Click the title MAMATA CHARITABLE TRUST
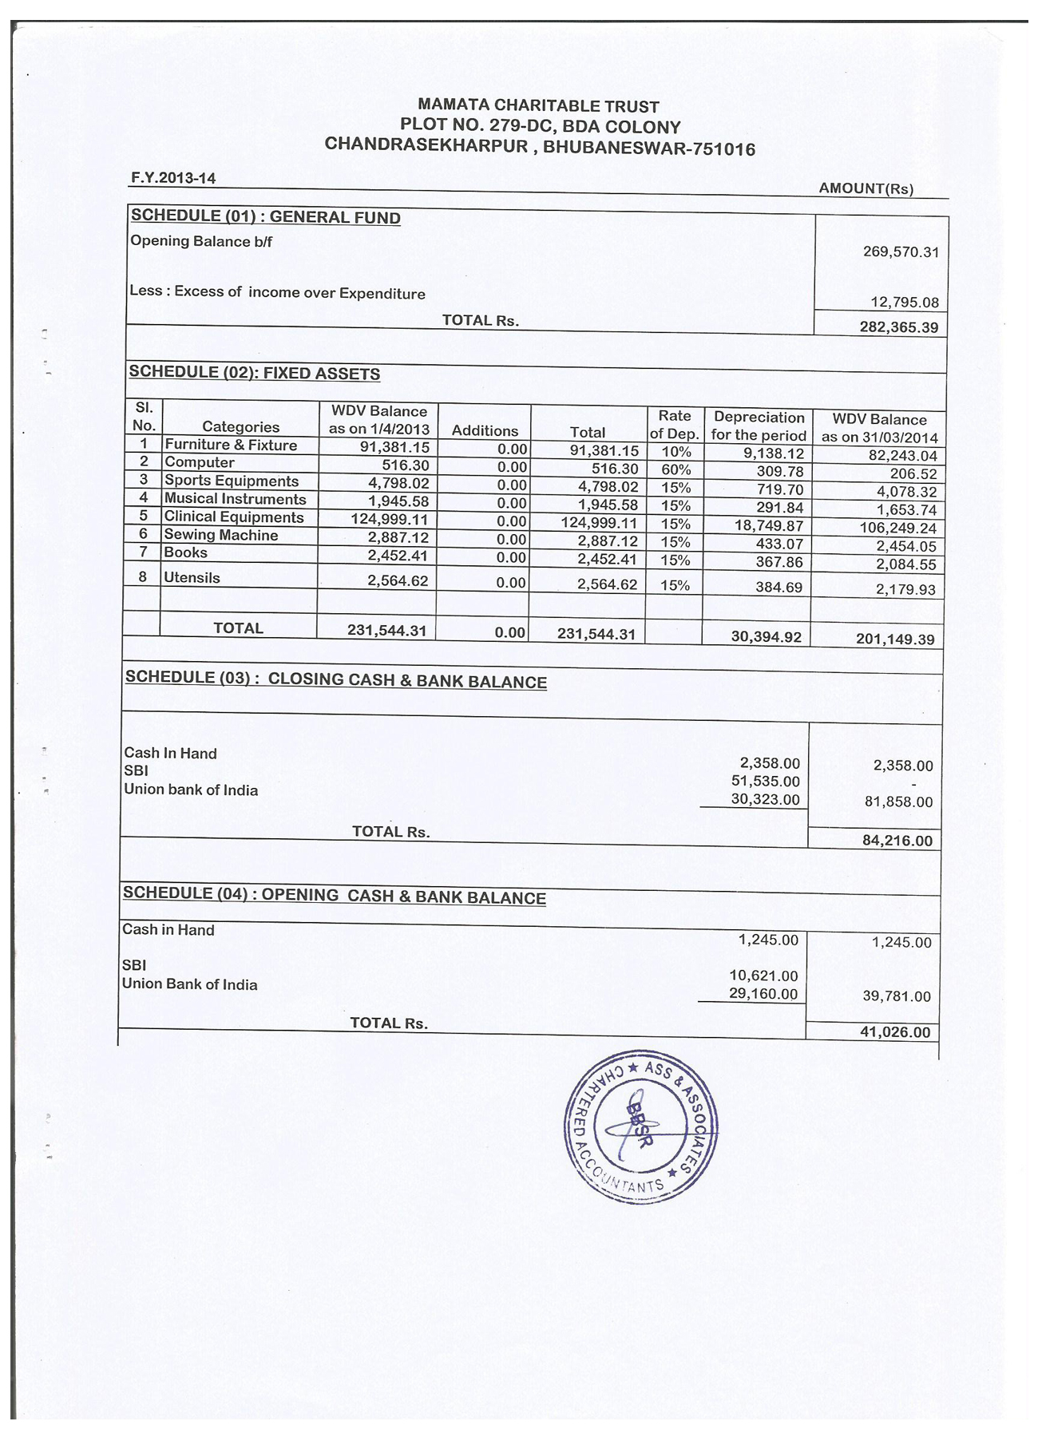[539, 106]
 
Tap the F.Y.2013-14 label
[172, 178]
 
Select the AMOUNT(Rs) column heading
[866, 189]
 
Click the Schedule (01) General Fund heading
[266, 216]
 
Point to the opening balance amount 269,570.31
[901, 252]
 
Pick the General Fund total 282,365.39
[898, 327]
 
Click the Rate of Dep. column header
[675, 425]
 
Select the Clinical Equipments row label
[234, 517]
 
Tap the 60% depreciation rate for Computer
[675, 470]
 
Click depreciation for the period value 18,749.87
[768, 526]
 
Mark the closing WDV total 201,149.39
[894, 639]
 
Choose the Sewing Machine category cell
[221, 535]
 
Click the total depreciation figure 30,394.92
[766, 636]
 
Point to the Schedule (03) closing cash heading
[335, 679]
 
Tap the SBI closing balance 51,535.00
[765, 782]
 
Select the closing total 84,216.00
[897, 841]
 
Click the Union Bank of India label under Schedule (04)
[189, 984]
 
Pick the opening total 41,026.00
[894, 1032]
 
